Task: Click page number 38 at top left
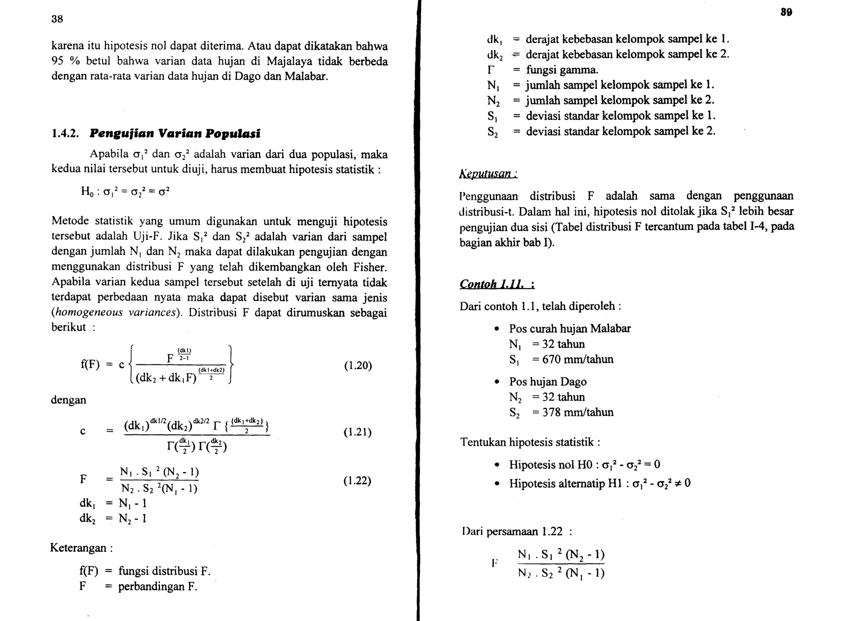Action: (x=57, y=19)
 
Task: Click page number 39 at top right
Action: (x=786, y=13)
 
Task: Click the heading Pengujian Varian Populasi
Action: (x=175, y=133)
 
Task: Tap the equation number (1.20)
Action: (x=358, y=366)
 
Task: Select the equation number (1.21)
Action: (x=357, y=432)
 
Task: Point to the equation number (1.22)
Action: (x=357, y=481)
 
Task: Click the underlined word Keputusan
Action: (x=487, y=173)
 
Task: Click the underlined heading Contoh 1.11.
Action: (x=496, y=284)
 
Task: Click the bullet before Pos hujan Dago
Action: (x=496, y=382)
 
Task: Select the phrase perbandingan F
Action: (x=157, y=587)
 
